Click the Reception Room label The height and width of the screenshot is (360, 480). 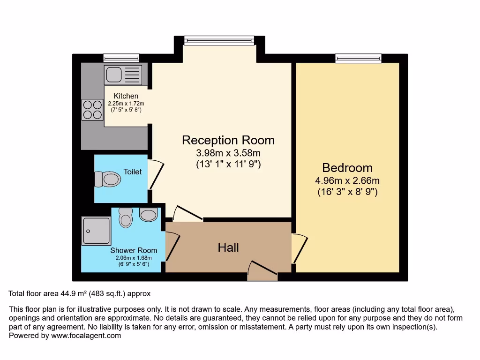point(228,140)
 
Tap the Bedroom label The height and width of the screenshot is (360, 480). point(347,168)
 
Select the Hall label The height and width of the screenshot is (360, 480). point(228,247)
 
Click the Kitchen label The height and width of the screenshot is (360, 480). point(126,96)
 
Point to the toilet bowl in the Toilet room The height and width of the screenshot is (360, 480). point(108,179)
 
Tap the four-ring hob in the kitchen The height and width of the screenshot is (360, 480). point(92,110)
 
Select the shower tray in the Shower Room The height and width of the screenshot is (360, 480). point(97,231)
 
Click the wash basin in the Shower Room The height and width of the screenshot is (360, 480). point(149,215)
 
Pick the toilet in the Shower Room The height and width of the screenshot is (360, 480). point(126,218)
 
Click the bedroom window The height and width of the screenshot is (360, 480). point(358,58)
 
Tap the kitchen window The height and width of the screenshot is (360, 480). point(121,58)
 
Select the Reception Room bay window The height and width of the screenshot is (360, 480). point(219,40)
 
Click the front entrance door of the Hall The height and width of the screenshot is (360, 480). point(262,271)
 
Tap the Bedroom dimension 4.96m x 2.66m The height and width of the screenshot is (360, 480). point(347,180)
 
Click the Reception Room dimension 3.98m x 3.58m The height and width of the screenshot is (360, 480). point(228,153)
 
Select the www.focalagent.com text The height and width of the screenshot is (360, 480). point(86,336)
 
